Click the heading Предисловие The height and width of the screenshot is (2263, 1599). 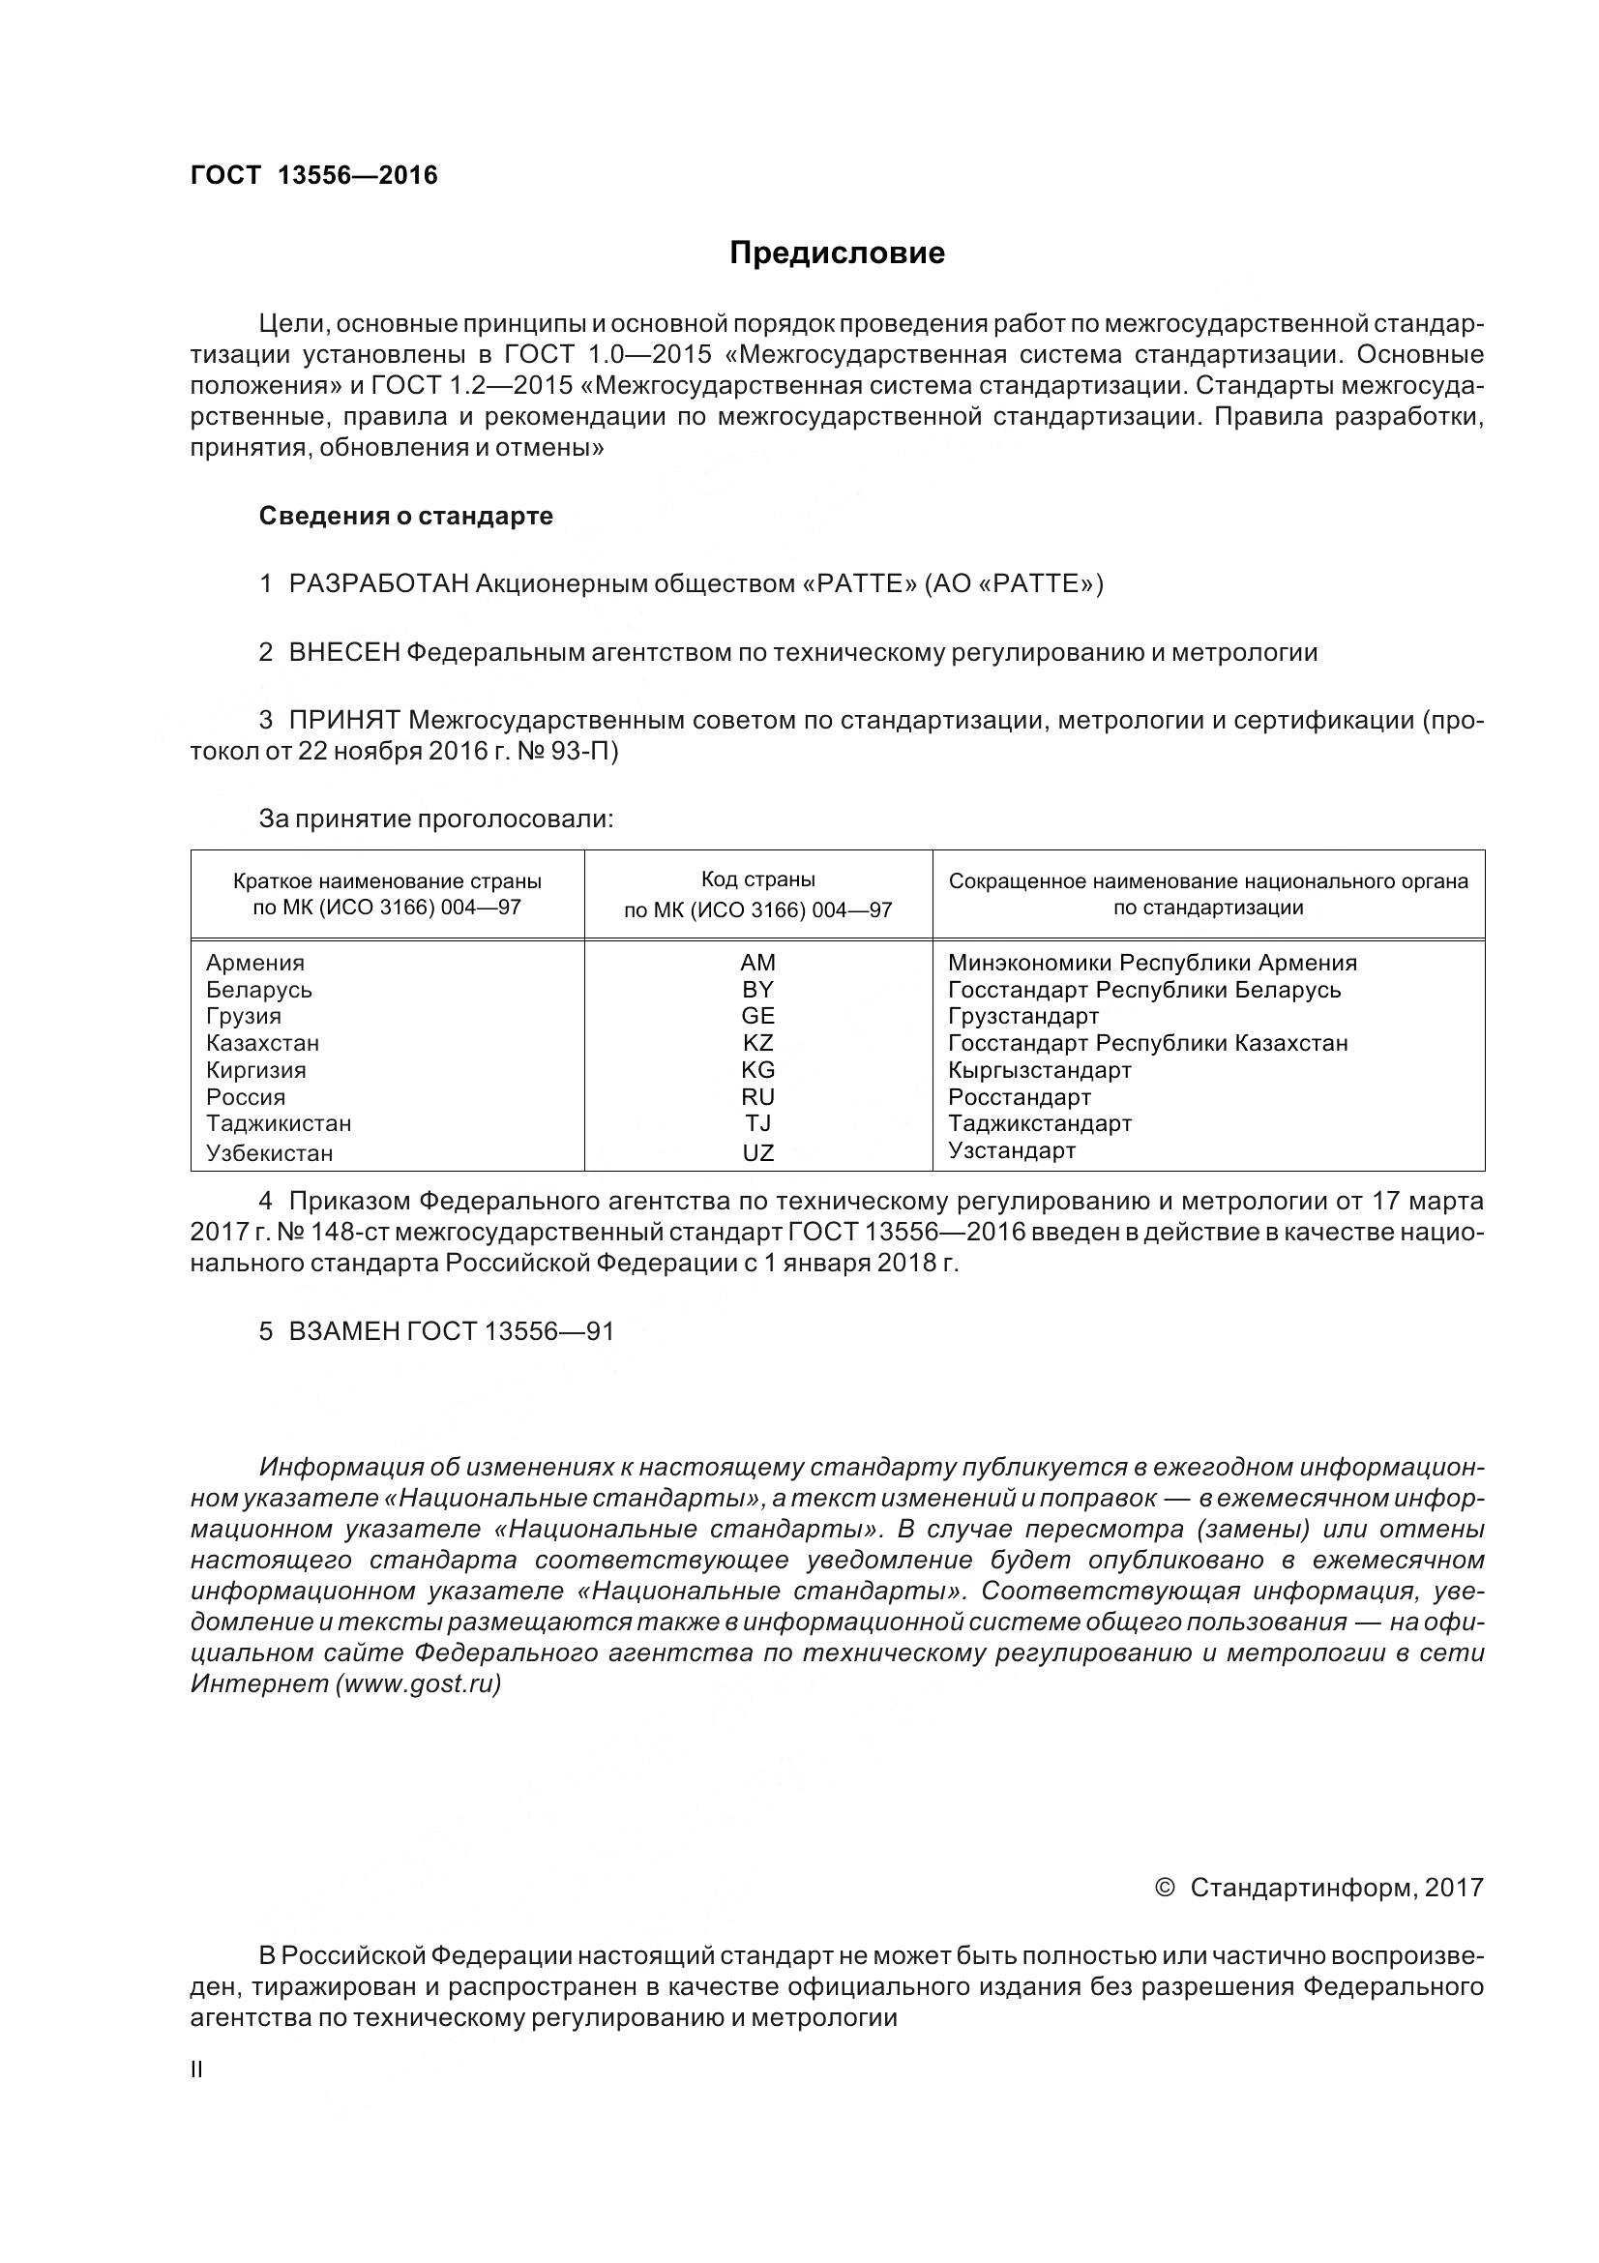pyautogui.click(x=837, y=253)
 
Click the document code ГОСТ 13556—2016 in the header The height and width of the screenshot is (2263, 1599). pyautogui.click(x=313, y=175)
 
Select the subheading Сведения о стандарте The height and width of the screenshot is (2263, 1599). pyautogui.click(x=405, y=516)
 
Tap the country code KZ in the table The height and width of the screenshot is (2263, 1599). pyautogui.click(x=757, y=1043)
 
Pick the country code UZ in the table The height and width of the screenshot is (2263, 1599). pyautogui.click(x=757, y=1152)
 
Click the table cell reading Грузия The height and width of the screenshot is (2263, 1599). pyautogui.click(x=244, y=1016)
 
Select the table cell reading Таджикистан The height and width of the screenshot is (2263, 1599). pyautogui.click(x=278, y=1123)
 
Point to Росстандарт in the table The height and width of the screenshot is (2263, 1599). pyautogui.click(x=1019, y=1097)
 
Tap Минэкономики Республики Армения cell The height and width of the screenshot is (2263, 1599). pyautogui.click(x=1152, y=963)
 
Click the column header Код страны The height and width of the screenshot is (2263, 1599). pyautogui.click(x=757, y=879)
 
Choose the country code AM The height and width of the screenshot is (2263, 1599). pyautogui.click(x=757, y=963)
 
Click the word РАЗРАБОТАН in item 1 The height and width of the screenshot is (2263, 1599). pyautogui.click(x=378, y=584)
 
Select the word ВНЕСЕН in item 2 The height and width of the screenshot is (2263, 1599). pyautogui.click(x=343, y=652)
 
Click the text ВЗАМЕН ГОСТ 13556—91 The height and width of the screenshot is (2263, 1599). pyautogui.click(x=450, y=1331)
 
